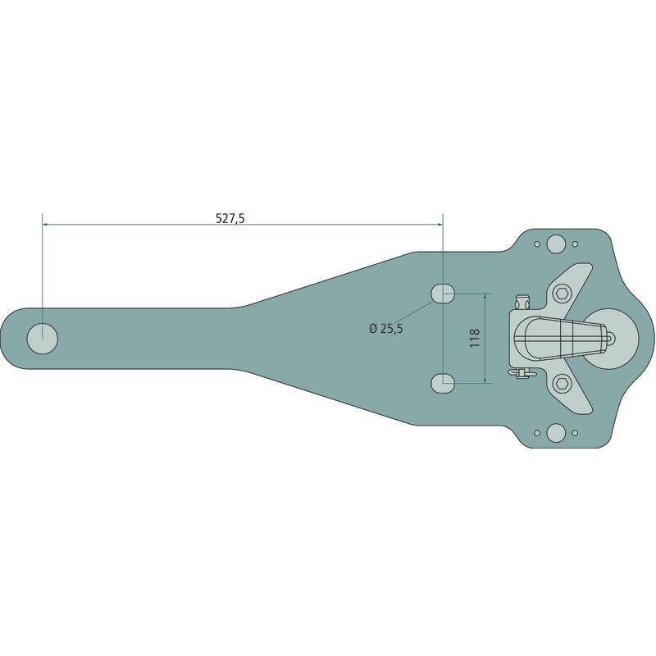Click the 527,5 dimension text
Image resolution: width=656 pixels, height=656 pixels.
230,218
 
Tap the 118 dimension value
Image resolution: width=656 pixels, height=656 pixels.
475,338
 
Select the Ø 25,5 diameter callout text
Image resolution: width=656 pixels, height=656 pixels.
386,329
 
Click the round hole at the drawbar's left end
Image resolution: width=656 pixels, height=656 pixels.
43,339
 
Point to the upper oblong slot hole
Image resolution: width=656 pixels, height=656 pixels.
443,294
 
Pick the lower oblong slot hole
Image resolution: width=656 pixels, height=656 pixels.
443,383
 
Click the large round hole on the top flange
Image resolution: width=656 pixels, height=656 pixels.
556,244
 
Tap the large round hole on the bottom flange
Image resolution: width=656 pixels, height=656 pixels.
556,433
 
